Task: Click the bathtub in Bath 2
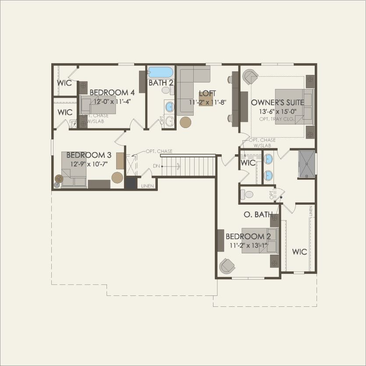click(x=161, y=72)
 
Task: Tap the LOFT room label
click(x=207, y=93)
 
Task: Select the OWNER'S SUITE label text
click(x=275, y=103)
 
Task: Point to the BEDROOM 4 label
click(x=112, y=92)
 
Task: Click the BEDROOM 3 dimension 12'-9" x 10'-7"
click(x=89, y=164)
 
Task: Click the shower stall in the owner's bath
click(x=306, y=164)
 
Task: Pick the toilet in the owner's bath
click(x=248, y=194)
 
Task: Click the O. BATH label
click(x=258, y=215)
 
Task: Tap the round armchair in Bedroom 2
click(x=227, y=266)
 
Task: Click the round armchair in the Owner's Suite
click(x=250, y=77)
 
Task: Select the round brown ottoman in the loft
click(x=185, y=122)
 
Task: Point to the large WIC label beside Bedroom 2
click(x=299, y=252)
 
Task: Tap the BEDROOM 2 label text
click(x=248, y=237)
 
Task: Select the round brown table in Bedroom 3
click(x=117, y=178)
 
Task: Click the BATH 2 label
click(x=161, y=82)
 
